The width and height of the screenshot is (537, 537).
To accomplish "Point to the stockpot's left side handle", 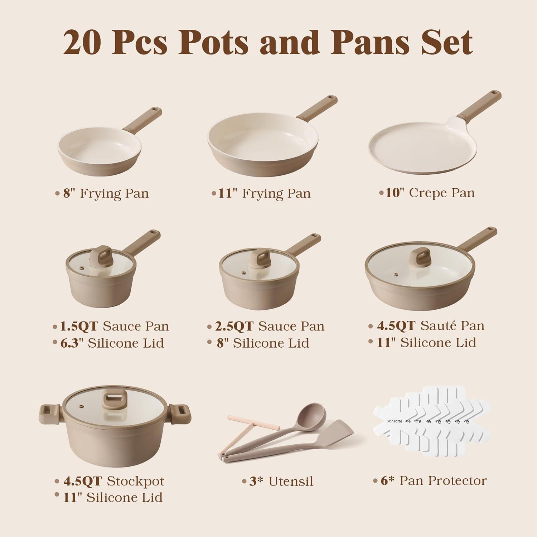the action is [x=50, y=414].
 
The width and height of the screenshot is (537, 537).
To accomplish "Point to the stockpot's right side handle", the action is [x=181, y=414].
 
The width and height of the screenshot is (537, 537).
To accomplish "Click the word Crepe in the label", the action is [x=425, y=193].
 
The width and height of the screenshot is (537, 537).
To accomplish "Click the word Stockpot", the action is [x=136, y=482].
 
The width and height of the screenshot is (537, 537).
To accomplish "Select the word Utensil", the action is [x=291, y=482].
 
